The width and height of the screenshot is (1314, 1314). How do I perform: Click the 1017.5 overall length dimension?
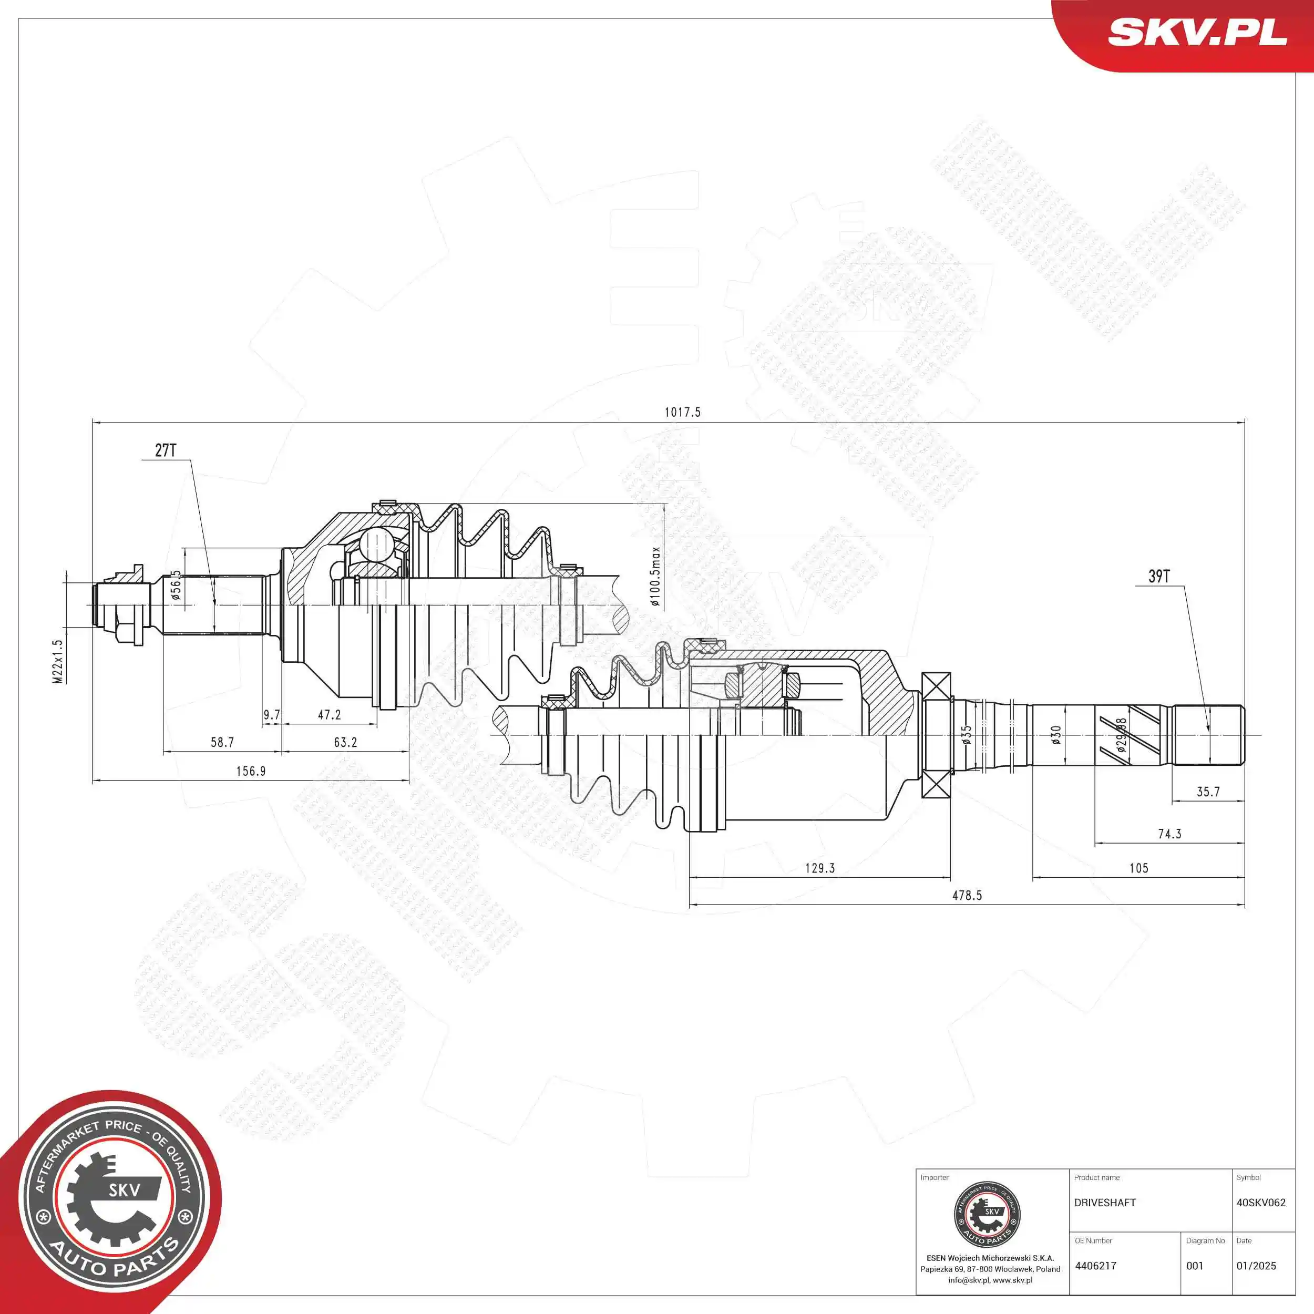(682, 412)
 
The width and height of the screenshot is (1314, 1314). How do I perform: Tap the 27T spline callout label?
(165, 450)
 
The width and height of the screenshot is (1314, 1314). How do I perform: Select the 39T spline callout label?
(1159, 576)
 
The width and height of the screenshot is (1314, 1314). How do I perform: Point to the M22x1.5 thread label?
(58, 661)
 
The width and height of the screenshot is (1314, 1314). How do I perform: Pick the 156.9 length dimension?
(251, 771)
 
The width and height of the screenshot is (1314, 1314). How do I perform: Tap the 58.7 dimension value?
(222, 742)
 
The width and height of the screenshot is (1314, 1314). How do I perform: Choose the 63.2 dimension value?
(345, 742)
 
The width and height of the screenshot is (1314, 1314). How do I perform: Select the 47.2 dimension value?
(329, 715)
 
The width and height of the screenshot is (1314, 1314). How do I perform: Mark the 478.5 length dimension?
(967, 896)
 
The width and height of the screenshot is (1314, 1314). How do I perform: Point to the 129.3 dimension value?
(819, 868)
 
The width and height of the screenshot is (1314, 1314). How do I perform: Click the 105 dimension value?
(1138, 868)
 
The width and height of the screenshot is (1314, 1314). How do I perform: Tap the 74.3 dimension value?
(1170, 834)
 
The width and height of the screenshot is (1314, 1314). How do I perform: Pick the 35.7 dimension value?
(1208, 792)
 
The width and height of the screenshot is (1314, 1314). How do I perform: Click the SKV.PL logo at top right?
(1197, 32)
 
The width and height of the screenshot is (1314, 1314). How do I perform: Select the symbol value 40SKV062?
(1261, 1203)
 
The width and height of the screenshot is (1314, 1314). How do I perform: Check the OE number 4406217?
(1096, 1266)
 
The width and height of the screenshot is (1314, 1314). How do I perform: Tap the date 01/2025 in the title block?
(1256, 1266)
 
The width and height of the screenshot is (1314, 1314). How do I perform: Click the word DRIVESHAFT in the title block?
(1105, 1203)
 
